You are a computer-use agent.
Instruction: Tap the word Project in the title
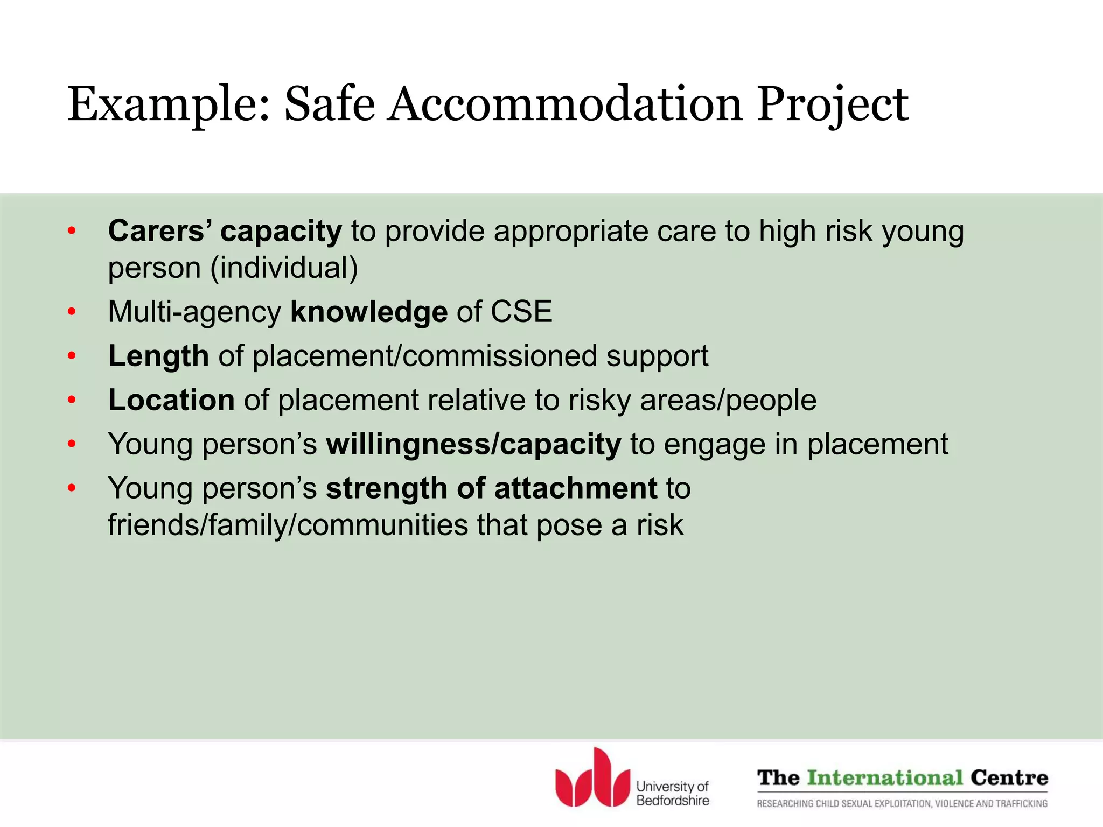coord(832,104)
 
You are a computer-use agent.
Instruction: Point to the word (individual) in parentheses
coord(284,268)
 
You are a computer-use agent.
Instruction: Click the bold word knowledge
coord(369,312)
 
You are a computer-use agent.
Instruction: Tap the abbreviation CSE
coord(521,312)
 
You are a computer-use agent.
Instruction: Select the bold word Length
coord(158,356)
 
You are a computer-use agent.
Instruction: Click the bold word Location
coord(171,400)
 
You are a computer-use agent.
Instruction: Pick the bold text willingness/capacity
coord(473,445)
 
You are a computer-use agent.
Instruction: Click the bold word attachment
coord(575,488)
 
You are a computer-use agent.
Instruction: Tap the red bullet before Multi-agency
coord(72,312)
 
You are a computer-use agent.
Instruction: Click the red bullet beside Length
coord(72,356)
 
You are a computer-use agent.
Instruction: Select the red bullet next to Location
coord(72,401)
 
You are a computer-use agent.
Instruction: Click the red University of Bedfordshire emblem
coord(592,779)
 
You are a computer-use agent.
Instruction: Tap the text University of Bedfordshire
coord(672,794)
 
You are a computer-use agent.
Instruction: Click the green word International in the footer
coord(885,778)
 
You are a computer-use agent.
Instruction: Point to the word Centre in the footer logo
coord(1009,778)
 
